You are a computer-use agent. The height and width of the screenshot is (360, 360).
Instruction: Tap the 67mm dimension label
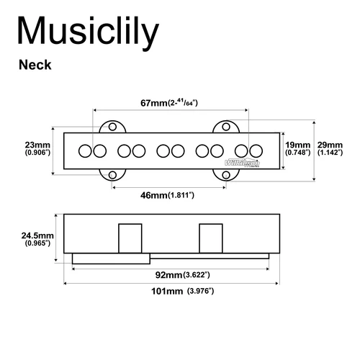coord(153,103)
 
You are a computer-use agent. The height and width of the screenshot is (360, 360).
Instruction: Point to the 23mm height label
coord(36,143)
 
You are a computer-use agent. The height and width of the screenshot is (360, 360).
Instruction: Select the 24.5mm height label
coord(35,235)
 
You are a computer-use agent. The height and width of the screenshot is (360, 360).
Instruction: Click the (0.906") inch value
coord(36,153)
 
